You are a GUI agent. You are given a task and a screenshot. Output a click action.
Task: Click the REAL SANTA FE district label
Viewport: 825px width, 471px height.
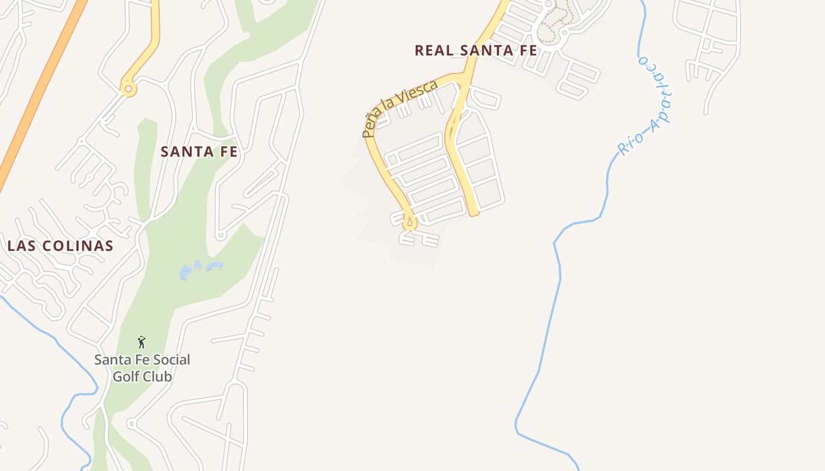[476, 51]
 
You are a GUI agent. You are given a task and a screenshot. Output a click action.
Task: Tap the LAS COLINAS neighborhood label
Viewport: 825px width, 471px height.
[60, 246]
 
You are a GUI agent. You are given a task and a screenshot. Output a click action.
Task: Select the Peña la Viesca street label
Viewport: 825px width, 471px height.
[400, 108]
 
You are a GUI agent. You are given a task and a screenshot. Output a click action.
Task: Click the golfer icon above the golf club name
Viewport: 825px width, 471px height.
[141, 342]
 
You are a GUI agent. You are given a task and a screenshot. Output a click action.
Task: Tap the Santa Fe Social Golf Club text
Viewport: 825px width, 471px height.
[142, 367]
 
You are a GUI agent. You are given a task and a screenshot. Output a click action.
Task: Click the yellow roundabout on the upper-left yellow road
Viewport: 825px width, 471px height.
[128, 89]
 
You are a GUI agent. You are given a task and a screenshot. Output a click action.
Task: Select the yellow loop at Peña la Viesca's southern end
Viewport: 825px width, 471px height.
[409, 224]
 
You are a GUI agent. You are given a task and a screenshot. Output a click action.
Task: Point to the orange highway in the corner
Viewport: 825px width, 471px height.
[41, 88]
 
